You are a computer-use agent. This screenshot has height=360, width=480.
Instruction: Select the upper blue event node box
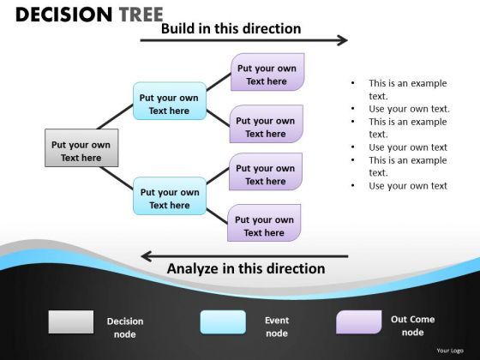[x=169, y=104]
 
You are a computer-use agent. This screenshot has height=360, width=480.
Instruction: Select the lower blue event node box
[x=169, y=198]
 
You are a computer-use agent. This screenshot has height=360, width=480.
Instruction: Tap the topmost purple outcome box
[x=267, y=74]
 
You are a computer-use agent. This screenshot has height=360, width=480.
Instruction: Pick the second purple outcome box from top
[x=265, y=126]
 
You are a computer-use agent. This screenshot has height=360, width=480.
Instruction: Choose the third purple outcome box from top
[x=265, y=174]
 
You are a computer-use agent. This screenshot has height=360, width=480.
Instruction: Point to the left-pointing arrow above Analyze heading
[x=243, y=255]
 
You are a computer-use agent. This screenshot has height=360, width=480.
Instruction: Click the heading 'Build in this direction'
[x=231, y=28]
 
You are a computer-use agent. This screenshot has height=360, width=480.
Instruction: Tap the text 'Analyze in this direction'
[x=245, y=269]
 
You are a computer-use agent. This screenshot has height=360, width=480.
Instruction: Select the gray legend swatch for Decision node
[x=71, y=322]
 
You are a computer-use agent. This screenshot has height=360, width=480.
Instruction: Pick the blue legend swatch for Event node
[x=223, y=322]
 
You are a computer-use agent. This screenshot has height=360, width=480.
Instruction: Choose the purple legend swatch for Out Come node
[x=358, y=322]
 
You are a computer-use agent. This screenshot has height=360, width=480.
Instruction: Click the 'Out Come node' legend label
[x=412, y=326]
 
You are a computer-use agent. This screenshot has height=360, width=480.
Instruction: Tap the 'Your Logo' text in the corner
[x=450, y=351]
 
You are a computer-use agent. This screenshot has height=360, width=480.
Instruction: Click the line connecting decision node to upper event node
[x=107, y=116]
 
